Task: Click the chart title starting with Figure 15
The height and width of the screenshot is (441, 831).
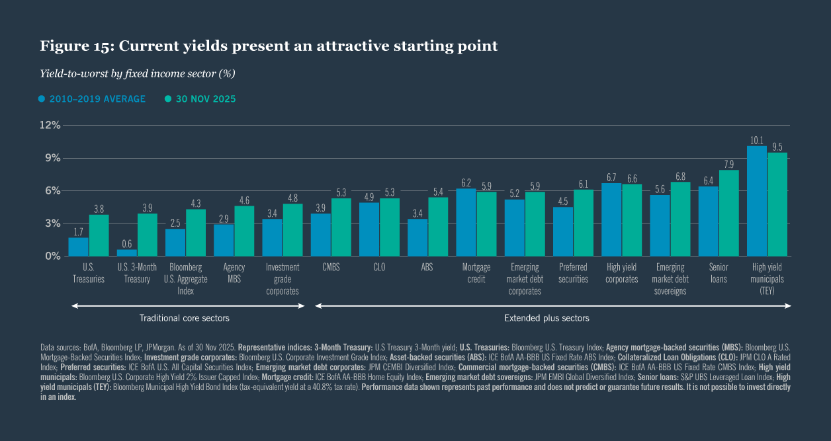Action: [x=269, y=46]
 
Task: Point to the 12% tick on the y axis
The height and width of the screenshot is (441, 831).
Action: [x=51, y=125]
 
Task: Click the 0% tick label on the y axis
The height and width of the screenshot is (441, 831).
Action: [x=53, y=256]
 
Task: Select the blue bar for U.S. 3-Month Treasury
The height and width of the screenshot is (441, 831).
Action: [x=127, y=253]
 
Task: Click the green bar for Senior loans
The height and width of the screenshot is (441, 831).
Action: [x=728, y=213]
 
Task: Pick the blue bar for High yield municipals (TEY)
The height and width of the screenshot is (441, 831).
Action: [x=757, y=201]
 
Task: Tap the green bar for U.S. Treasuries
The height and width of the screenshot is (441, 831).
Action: [x=99, y=235]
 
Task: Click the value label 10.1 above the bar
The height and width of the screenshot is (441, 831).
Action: [x=757, y=140]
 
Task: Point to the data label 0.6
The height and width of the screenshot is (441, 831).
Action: [x=127, y=243]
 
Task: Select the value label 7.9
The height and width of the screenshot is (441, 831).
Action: [x=728, y=164]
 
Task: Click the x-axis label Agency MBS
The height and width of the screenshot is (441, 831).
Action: [x=234, y=273]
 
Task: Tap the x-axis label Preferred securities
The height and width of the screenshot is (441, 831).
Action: [x=573, y=273]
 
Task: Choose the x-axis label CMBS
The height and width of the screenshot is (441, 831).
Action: [x=331, y=267]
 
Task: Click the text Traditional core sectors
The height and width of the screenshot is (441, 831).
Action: [x=184, y=318]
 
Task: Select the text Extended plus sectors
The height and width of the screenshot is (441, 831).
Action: [x=547, y=318]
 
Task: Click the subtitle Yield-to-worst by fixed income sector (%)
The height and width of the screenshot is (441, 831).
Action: [x=138, y=73]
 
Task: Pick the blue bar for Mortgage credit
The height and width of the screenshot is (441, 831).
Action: [x=466, y=222]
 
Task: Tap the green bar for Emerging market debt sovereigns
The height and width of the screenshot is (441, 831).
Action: [x=680, y=219]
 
